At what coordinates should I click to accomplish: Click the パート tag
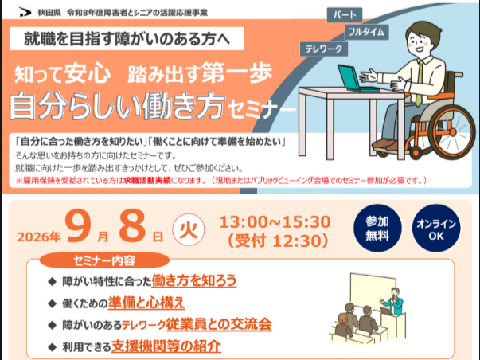point(345,15)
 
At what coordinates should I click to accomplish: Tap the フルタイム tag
point(366,32)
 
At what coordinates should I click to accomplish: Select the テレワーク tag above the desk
point(324,49)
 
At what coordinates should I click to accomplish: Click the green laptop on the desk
point(355,79)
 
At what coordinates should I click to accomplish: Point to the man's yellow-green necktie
point(419,84)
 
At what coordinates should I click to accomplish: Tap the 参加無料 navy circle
point(377,229)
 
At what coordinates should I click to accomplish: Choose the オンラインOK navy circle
point(436,229)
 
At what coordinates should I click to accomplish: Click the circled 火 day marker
point(189,229)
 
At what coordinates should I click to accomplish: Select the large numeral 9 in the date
point(78,226)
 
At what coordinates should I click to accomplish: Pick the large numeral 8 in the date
point(132,226)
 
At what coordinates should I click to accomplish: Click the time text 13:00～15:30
point(275,222)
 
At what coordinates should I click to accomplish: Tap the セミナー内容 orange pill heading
point(104,260)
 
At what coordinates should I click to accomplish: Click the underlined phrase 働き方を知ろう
point(194,280)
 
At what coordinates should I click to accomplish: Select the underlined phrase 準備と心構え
point(146,303)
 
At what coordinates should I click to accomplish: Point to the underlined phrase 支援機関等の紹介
point(166,346)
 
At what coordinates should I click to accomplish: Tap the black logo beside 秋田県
point(25,12)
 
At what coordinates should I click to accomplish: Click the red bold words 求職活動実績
point(147,181)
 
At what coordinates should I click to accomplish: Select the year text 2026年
point(39,237)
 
